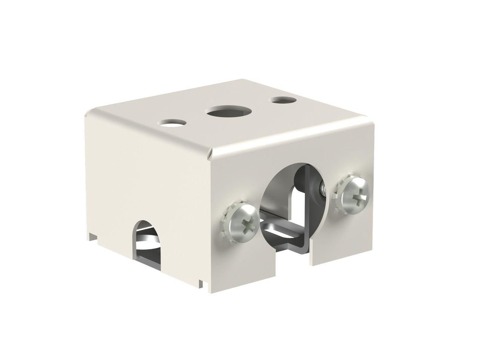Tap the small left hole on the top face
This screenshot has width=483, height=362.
click(173, 123)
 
